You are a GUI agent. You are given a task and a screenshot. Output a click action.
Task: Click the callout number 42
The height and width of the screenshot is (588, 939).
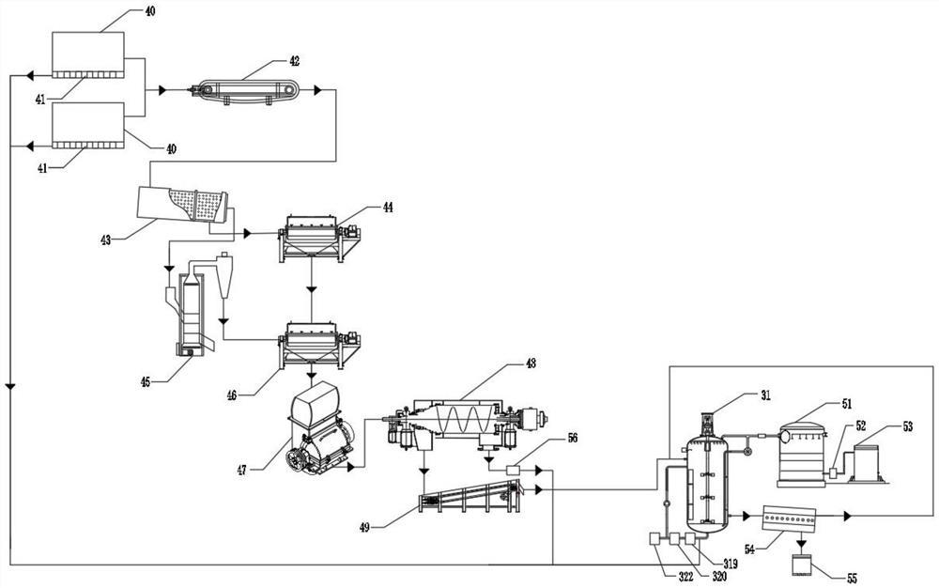pos(294,61)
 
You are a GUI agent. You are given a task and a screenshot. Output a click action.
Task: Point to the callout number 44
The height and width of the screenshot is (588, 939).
pos(388,208)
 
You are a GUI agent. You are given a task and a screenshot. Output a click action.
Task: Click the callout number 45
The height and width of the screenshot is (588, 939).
pos(146,381)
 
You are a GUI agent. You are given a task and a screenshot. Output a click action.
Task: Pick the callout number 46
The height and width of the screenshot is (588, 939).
pos(232,395)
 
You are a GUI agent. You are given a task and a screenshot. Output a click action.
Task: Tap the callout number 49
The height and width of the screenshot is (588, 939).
pos(364,527)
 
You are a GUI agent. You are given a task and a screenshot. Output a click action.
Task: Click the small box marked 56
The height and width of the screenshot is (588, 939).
pos(514,470)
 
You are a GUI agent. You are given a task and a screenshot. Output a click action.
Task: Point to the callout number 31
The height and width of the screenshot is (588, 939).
pos(765,395)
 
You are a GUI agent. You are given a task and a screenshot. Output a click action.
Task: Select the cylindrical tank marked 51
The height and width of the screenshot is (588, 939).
pos(802,455)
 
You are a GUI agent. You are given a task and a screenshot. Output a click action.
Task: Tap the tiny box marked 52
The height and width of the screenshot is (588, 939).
pos(833,472)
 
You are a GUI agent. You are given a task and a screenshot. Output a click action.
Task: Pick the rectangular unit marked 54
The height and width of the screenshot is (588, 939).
pos(789,518)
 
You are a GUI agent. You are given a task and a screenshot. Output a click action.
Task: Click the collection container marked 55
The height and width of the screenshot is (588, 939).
pos(801,565)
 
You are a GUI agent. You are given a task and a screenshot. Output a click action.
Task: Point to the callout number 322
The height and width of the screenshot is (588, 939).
pos(685,578)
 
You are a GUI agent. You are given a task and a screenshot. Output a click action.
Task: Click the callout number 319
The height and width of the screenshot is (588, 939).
pos(730,565)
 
